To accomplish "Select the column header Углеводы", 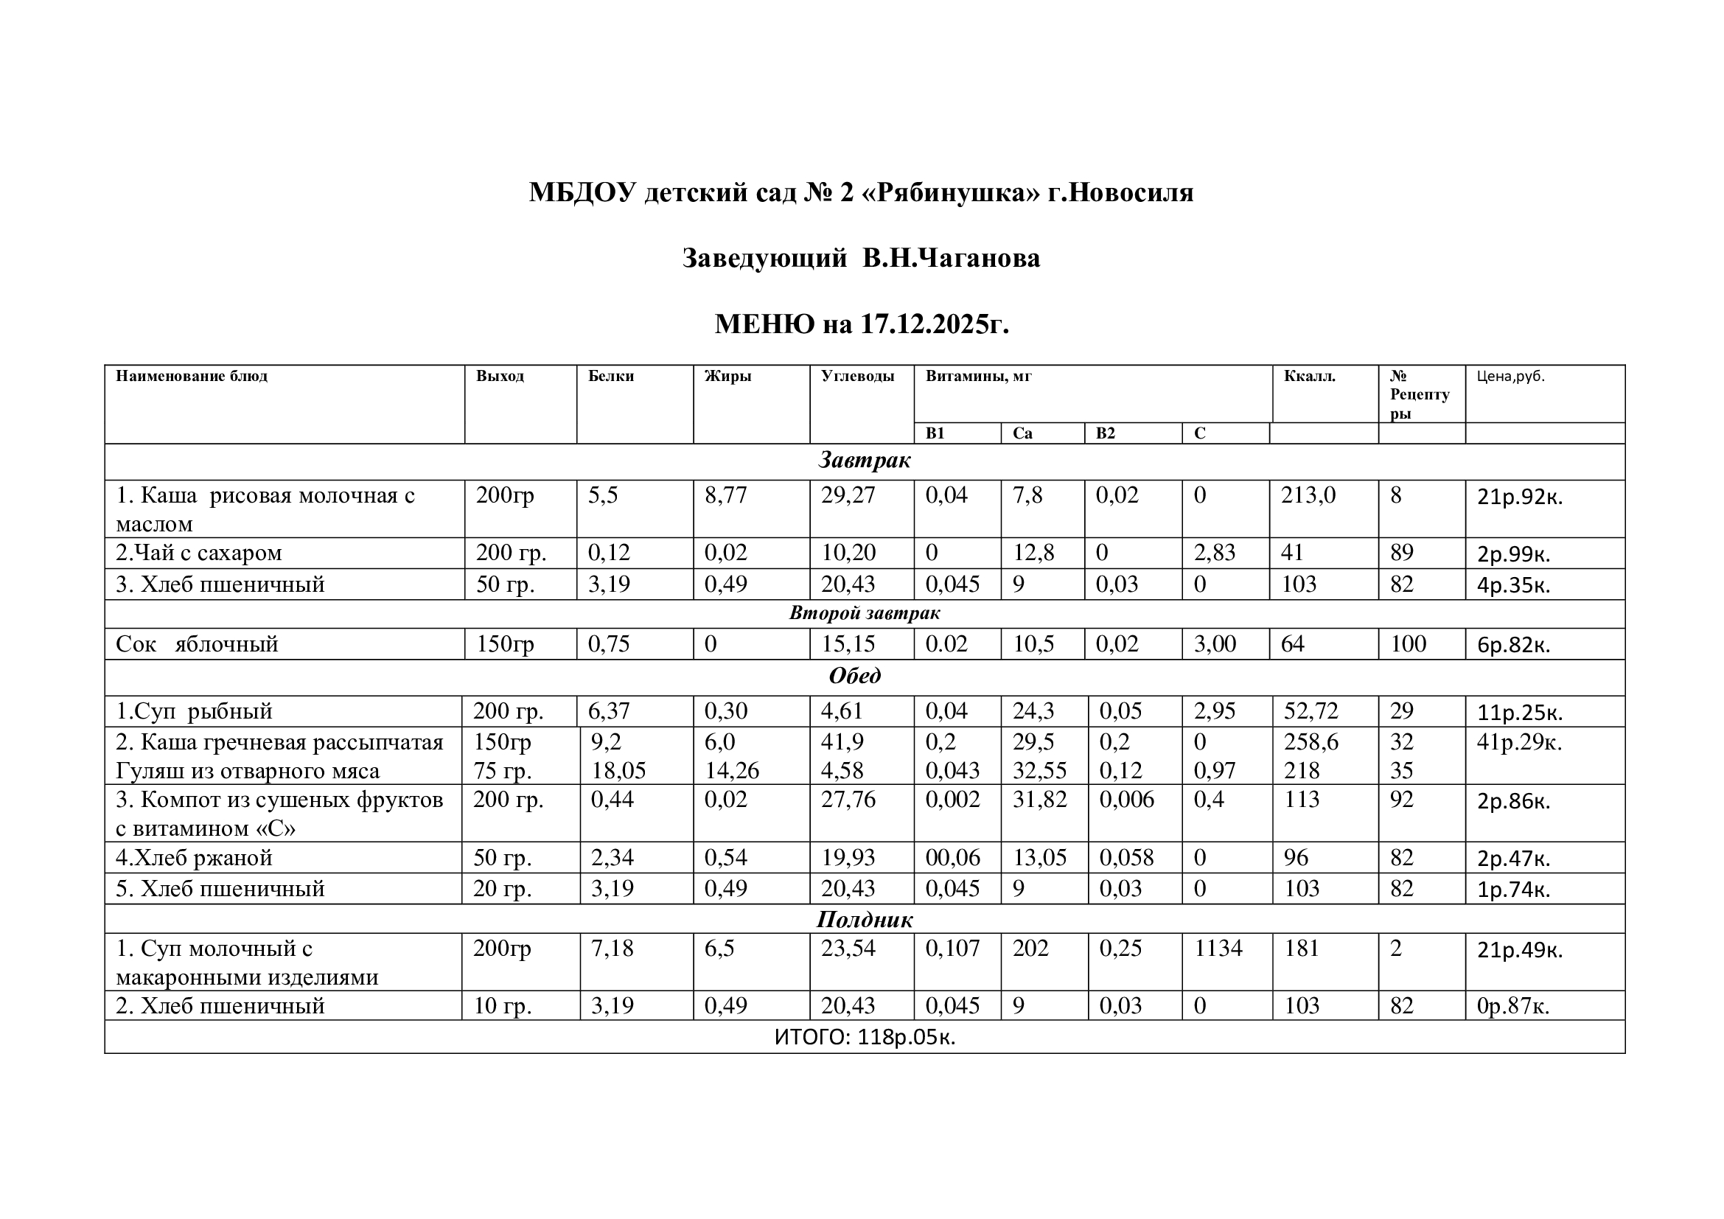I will pos(856,376).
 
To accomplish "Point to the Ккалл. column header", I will pos(1310,376).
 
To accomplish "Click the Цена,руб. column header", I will pos(1510,376).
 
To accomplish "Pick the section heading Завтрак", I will pos(865,460).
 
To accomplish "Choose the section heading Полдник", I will pos(865,920).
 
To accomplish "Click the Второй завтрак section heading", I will pos(865,613).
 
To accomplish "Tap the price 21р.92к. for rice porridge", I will pos(1519,497).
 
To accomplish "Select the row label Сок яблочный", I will pos(197,644).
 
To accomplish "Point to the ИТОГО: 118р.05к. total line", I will pos(865,1037).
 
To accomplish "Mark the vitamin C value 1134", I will pos(1218,948).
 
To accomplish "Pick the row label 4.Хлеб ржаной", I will pos(194,857).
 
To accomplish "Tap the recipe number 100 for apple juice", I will pos(1408,644).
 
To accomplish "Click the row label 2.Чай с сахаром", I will pos(198,553).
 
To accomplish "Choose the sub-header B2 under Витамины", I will pos(1106,433).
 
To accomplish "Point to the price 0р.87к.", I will pos(1513,1006).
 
